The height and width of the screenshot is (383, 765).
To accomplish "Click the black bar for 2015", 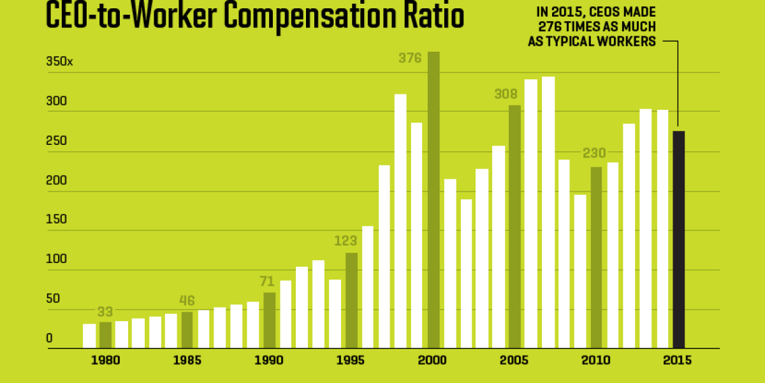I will (678, 239).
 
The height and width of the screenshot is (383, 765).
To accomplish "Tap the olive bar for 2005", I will (514, 227).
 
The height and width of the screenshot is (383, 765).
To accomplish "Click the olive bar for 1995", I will (351, 300).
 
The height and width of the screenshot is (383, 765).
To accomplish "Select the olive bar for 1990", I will (270, 320).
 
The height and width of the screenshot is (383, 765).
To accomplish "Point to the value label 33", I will (106, 312).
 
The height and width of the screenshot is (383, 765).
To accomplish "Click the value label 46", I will (187, 301).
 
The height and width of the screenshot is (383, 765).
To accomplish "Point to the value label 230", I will (594, 154).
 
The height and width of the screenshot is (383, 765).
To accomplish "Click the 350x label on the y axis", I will (60, 63).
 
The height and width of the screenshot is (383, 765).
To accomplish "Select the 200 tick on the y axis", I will (55, 181).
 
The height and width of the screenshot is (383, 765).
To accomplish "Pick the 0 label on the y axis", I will (49, 338).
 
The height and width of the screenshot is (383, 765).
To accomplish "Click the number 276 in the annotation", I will (551, 27).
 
